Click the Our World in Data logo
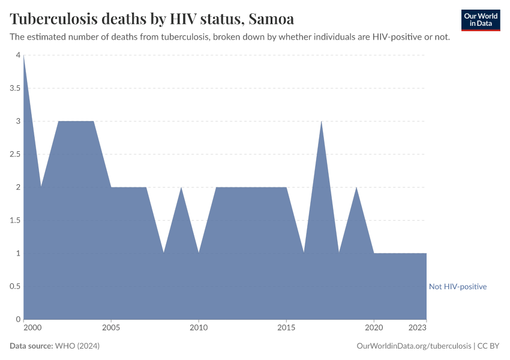[x=480, y=20]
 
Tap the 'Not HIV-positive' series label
[x=457, y=287]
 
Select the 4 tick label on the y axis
[x=18, y=55]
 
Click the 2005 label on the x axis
[x=111, y=328]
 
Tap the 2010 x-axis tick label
[x=199, y=328]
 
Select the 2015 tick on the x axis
[x=286, y=328]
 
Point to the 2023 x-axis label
[x=418, y=328]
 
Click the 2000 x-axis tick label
[x=32, y=328]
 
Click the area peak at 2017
[x=322, y=122]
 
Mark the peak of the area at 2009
[x=181, y=188]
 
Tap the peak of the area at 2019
[x=356, y=188]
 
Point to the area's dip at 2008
[x=164, y=253]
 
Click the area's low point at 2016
[x=304, y=253]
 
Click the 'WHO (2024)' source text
[x=77, y=346]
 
